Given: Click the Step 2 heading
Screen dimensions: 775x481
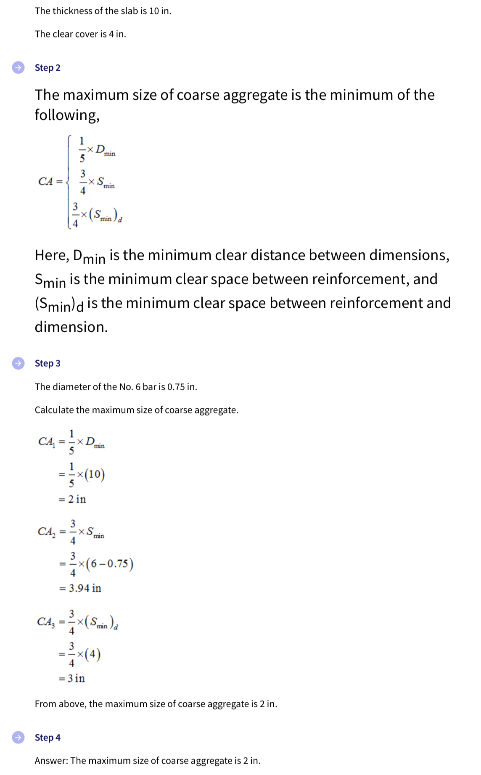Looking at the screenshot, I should coord(48,68).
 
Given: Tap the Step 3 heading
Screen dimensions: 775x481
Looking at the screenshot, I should coord(48,363).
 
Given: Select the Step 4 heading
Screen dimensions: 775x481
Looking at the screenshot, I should coord(48,738).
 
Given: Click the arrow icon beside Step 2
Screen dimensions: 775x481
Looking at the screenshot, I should coord(18,67).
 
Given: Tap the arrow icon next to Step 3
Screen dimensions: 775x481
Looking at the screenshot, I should coord(18,363).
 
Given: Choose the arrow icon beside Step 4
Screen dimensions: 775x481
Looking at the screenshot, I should coord(18,737).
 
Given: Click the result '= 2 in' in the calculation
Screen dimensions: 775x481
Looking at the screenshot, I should coord(72,499).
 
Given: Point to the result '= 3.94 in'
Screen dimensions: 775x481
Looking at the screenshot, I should coord(80,588).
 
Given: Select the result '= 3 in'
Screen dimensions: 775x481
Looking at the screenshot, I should coord(72,678).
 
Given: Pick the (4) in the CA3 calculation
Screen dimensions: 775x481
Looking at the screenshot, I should coord(92,655).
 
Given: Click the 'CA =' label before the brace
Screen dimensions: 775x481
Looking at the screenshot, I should coord(50,181).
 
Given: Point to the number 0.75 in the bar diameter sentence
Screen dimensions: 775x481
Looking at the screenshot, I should coord(176,387).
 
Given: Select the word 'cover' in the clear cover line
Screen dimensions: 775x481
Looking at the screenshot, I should coord(86,34).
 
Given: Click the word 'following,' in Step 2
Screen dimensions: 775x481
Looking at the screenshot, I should coord(67,115).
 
